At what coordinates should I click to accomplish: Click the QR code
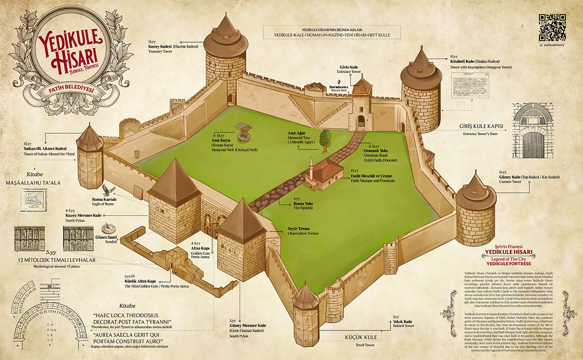coord(552,27)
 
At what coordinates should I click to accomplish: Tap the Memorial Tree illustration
coord(325,138)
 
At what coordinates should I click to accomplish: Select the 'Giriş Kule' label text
coord(349,67)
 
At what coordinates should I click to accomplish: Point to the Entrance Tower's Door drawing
coord(533,133)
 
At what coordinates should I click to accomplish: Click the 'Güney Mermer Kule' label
coord(248,325)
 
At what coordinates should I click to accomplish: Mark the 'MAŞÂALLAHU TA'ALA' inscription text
coord(39,183)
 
